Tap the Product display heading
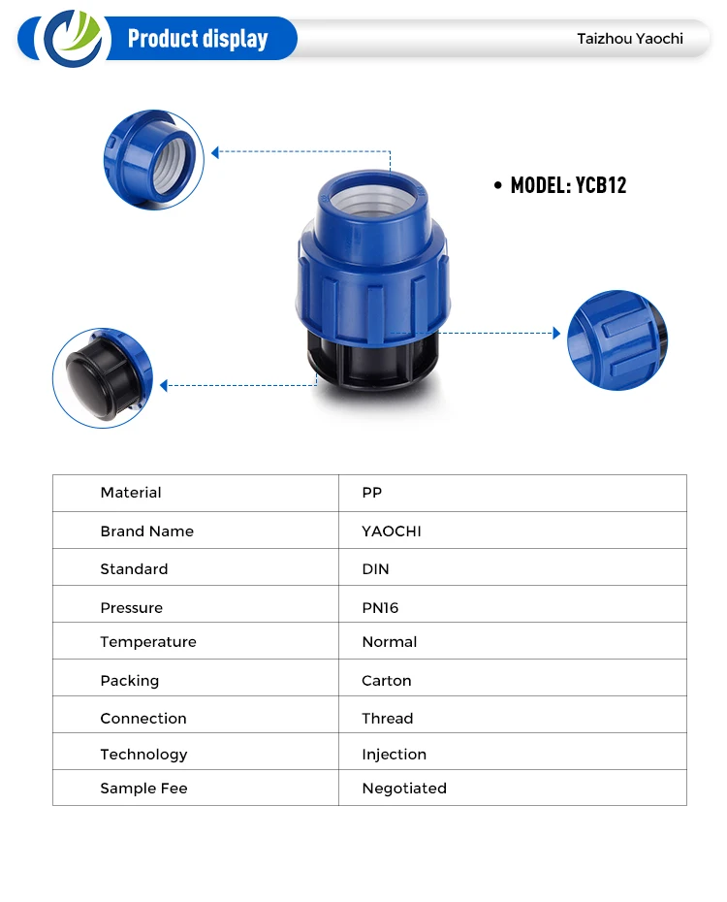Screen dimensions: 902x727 click(198, 39)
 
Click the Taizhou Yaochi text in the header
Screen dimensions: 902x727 click(630, 39)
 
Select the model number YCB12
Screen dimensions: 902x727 click(568, 185)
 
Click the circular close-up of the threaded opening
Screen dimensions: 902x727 click(154, 160)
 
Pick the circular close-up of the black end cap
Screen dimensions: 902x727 click(103, 377)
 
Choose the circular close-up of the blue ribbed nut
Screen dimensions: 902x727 click(617, 340)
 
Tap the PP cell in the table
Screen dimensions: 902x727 click(372, 493)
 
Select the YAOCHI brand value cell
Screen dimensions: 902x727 click(392, 532)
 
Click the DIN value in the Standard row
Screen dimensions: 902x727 click(375, 569)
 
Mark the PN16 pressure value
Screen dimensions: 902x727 click(380, 608)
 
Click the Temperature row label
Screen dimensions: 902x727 click(148, 642)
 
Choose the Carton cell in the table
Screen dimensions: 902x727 click(387, 681)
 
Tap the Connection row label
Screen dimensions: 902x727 click(143, 719)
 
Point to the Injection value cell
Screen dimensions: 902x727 click(394, 755)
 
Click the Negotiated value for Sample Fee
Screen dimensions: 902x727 click(404, 789)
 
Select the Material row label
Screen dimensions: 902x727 click(131, 493)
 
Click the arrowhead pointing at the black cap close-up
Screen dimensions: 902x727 click(164, 386)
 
